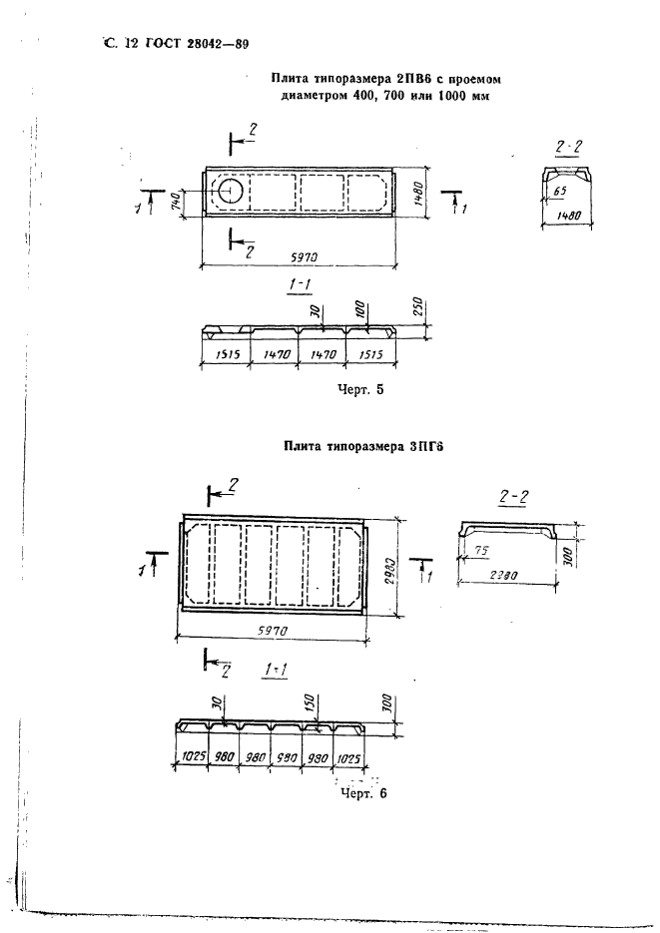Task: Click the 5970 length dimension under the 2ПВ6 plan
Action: coord(305,257)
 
